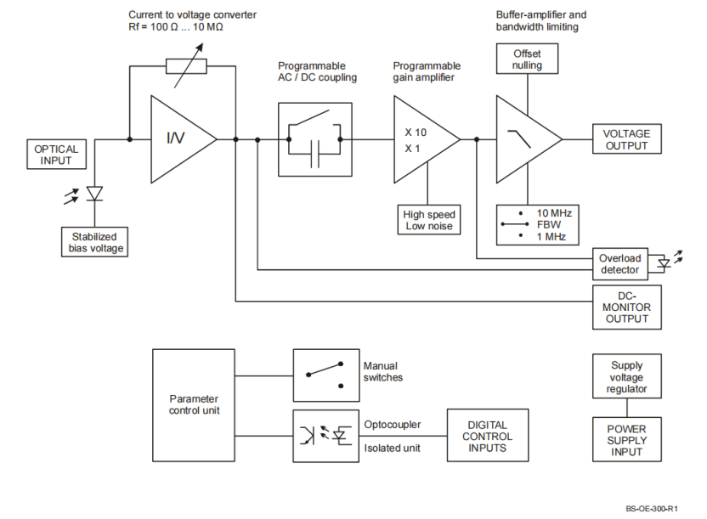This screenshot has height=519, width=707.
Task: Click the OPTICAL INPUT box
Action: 55,155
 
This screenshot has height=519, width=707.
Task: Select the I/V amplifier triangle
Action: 178,138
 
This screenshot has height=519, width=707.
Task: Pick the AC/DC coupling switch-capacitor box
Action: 314,139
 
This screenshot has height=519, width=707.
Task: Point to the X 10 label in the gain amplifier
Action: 415,133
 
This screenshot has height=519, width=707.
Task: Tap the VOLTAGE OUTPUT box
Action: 626,139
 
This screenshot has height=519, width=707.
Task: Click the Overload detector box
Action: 619,264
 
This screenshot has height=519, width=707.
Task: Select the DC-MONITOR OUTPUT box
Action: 626,307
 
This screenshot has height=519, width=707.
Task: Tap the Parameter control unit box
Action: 194,404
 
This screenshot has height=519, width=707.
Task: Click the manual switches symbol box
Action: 323,375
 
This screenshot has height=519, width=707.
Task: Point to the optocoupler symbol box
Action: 323,436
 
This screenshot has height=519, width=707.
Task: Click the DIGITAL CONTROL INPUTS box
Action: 487,436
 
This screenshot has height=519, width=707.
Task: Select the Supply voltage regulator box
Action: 628,378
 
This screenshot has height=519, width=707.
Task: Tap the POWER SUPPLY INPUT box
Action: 626,440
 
